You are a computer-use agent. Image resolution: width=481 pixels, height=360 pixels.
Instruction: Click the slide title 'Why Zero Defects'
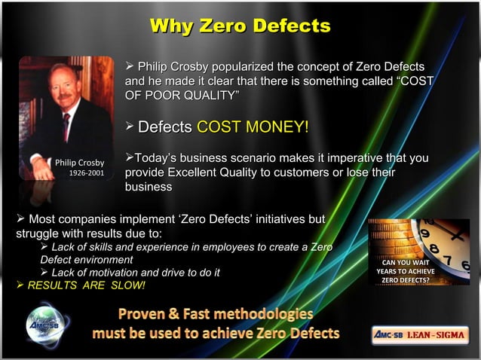pos(240,26)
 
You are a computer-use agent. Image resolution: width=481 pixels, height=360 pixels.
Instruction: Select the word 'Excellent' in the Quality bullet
pos(196,172)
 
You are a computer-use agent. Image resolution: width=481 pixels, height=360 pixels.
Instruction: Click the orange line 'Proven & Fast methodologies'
pos(216,314)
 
